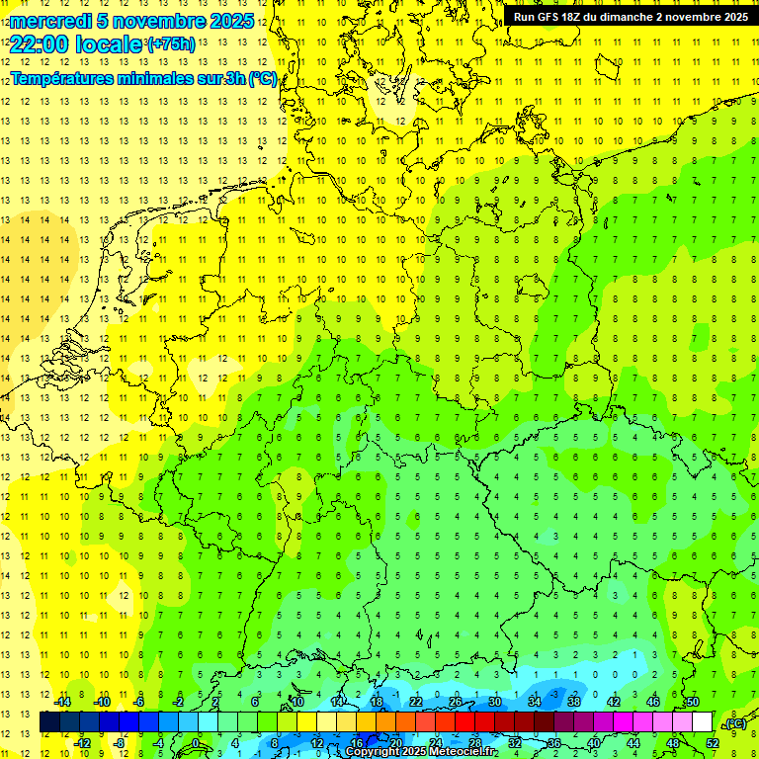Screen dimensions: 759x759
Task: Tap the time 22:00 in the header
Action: [40, 45]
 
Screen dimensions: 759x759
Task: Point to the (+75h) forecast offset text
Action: [171, 44]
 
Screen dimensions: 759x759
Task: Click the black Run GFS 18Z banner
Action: [630, 17]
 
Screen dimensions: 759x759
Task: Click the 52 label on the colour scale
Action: [713, 743]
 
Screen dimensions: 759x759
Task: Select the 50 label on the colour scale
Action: [692, 702]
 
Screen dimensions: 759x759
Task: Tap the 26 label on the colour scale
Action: [455, 702]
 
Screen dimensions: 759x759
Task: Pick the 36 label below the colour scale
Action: [554, 743]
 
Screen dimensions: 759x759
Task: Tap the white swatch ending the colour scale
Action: [702, 722]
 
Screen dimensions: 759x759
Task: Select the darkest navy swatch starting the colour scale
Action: [49, 722]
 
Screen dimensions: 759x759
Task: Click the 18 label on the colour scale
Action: [377, 702]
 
